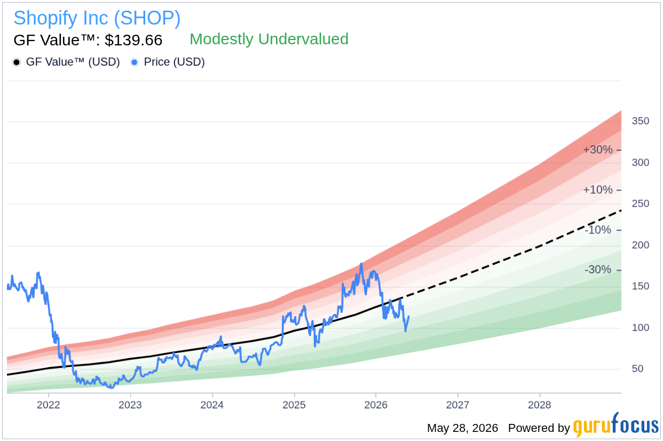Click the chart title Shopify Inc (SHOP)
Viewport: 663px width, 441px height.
[x=97, y=18]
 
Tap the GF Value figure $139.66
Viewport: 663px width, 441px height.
[x=133, y=40]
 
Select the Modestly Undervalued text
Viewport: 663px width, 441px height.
[x=269, y=39]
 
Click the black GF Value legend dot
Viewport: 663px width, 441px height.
[x=17, y=62]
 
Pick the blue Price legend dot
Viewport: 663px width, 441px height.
[x=135, y=62]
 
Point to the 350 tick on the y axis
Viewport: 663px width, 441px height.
[x=641, y=121]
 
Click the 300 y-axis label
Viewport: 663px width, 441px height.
[x=641, y=162]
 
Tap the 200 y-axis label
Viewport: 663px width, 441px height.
[x=641, y=245]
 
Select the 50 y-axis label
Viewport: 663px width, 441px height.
[x=637, y=369]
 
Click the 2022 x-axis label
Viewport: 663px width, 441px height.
[x=48, y=405]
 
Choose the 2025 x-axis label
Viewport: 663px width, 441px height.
[x=294, y=405]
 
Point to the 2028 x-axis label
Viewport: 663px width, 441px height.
[x=540, y=405]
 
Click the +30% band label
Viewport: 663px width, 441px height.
[x=598, y=150]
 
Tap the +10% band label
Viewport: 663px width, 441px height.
[x=598, y=190]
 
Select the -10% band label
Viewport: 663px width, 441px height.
[x=598, y=230]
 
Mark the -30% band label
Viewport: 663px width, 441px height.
[x=598, y=270]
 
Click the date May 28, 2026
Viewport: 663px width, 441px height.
[x=463, y=428]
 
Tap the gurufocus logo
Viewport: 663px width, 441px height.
[x=616, y=425]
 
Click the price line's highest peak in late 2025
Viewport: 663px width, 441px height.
[x=361, y=263]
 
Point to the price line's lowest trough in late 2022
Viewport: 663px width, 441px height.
[x=111, y=388]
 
